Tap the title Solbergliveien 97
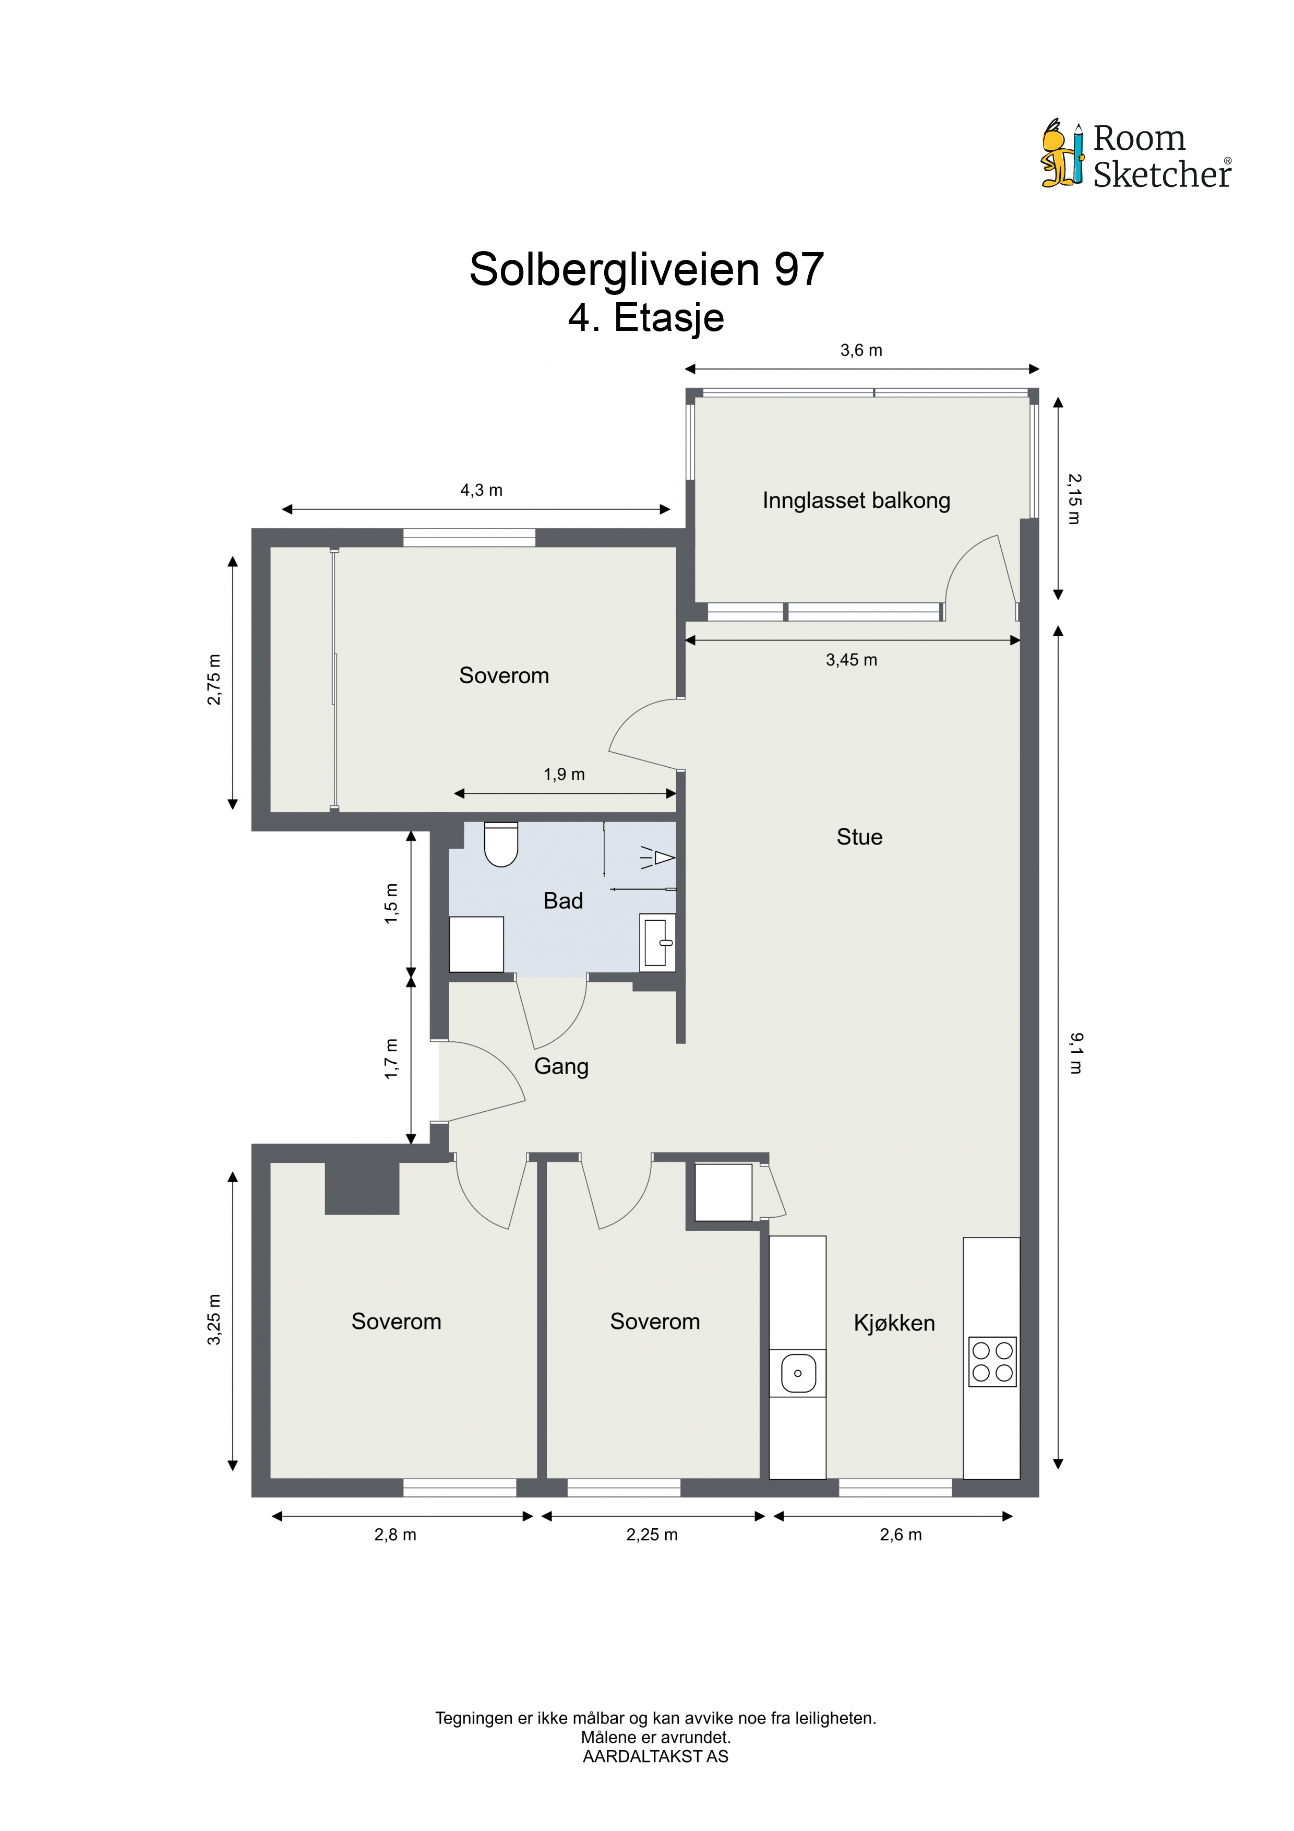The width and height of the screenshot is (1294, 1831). [x=646, y=269]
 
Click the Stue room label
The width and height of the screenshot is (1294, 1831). [x=859, y=837]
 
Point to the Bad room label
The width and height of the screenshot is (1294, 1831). [x=563, y=900]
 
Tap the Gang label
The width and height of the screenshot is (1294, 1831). [x=561, y=1067]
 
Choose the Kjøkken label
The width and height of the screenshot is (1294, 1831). [x=894, y=1323]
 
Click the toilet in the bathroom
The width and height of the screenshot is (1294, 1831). [x=501, y=843]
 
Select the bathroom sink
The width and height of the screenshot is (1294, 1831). [x=658, y=943]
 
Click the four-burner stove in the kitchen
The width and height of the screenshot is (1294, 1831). [x=992, y=1361]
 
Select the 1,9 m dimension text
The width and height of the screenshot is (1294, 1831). [x=565, y=775]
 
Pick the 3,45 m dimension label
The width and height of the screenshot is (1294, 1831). [x=852, y=660]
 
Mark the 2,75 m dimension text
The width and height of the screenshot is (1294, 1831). [x=214, y=680]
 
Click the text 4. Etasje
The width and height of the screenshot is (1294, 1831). [x=646, y=317]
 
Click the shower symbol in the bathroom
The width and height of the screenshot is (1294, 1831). [x=658, y=858]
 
